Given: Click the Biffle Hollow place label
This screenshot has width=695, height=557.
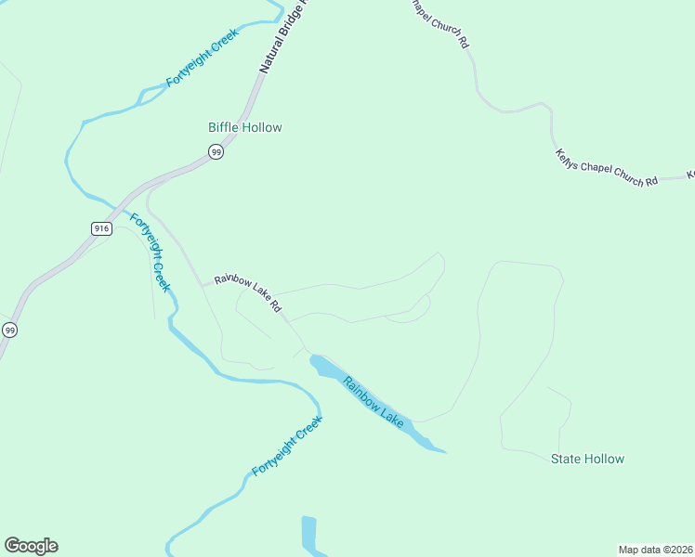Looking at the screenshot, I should (244, 127).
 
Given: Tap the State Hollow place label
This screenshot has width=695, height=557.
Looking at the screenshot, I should (587, 459).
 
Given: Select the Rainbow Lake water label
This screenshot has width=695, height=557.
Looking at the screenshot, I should (374, 402).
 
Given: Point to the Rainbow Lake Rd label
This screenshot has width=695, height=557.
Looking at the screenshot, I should (247, 292).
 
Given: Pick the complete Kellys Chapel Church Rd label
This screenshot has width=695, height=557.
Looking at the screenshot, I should (606, 168).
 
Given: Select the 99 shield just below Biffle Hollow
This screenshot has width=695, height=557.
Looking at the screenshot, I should (216, 151).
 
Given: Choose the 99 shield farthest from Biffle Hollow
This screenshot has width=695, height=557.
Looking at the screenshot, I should (9, 330).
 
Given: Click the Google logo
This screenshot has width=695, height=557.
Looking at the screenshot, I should (31, 546).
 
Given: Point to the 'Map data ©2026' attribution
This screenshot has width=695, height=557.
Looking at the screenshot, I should (655, 549).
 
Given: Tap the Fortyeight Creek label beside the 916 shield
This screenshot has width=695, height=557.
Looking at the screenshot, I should (150, 253).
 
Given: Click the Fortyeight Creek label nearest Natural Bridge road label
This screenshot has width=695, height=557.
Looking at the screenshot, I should (202, 58).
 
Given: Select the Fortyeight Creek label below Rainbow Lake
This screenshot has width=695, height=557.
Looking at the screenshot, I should (287, 447).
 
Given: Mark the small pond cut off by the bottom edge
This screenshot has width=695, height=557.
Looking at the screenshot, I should (309, 536).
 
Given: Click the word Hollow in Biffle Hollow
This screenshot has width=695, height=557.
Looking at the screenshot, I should (261, 127).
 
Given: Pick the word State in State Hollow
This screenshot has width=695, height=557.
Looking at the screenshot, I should (567, 459).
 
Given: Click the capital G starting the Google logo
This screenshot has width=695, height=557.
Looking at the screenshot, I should (11, 546).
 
